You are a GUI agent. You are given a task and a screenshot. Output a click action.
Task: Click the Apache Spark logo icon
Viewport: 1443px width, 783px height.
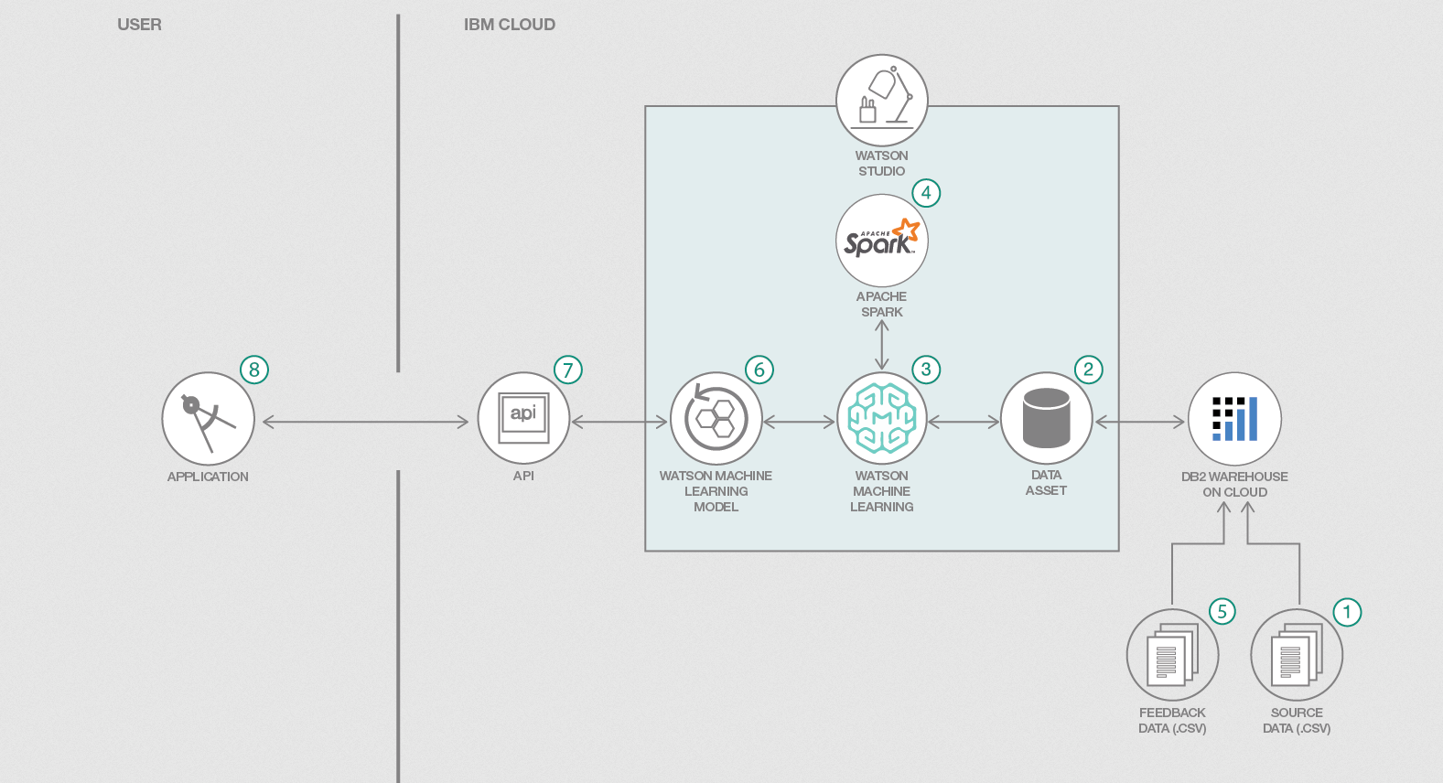click(881, 241)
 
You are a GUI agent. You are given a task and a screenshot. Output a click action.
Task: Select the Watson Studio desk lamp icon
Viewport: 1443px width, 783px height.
click(881, 100)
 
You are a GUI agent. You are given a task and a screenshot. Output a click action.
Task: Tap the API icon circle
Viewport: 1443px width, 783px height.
click(523, 419)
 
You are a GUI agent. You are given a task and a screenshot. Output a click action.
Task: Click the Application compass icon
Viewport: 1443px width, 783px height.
click(208, 419)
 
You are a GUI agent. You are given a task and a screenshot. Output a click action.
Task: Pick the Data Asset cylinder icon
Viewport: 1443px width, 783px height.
click(1046, 418)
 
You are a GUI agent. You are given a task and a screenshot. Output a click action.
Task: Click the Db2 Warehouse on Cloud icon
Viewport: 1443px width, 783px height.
click(1234, 418)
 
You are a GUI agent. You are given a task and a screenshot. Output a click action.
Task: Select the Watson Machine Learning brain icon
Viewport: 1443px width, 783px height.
click(881, 418)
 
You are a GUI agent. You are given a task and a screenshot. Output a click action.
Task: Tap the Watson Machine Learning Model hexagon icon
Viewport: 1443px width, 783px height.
click(716, 418)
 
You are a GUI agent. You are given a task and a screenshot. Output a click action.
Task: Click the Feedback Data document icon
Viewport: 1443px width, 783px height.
click(1172, 655)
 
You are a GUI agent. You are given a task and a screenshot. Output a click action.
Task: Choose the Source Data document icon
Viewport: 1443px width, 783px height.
click(1296, 655)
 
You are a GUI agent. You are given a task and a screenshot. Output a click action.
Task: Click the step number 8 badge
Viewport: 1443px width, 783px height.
click(254, 370)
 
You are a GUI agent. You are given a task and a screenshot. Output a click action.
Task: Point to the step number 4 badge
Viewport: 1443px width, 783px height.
click(926, 193)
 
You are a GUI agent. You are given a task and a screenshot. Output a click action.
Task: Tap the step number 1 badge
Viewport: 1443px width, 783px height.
click(1347, 612)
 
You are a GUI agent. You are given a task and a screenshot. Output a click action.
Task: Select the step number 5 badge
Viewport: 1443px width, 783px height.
click(1222, 612)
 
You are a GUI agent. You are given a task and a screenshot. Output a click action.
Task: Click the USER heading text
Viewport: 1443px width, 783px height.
click(139, 25)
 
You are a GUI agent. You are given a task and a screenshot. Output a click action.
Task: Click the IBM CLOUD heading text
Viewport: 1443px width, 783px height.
click(509, 25)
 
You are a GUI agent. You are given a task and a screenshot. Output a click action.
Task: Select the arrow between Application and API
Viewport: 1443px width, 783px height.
click(365, 422)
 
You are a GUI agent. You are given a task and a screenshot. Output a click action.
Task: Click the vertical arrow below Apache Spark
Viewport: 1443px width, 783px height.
click(882, 345)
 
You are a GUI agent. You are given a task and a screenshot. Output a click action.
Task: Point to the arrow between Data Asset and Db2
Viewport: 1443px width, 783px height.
click(1139, 422)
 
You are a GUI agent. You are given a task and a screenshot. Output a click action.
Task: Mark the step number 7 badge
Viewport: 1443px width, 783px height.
click(568, 370)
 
